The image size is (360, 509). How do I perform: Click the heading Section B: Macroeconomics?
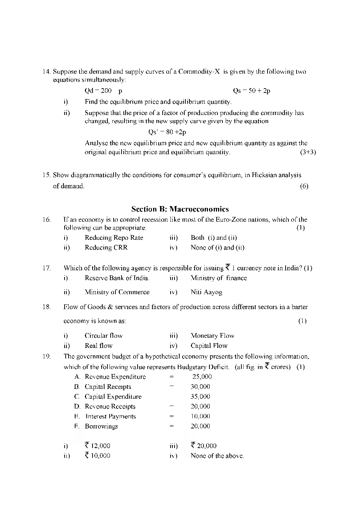[180, 209]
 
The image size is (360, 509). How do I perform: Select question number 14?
[47, 71]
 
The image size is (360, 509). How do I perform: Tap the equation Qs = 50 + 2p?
[251, 91]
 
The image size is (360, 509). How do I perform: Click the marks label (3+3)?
[308, 152]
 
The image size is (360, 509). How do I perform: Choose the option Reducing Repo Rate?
[114, 238]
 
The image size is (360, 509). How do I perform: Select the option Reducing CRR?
[106, 248]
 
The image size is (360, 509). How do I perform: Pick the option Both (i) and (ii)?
[214, 238]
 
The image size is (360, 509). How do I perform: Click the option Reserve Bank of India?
[117, 278]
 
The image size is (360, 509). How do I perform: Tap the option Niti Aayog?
[206, 292]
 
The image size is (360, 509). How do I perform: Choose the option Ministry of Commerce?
[117, 292]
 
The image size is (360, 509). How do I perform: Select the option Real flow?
[99, 346]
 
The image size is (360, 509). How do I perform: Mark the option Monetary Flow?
[212, 336]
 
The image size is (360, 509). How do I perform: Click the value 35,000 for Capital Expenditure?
[200, 397]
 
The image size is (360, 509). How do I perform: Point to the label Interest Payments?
[111, 416]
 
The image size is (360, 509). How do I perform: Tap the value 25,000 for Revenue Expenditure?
[202, 377]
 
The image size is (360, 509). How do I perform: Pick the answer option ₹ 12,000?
[97, 446]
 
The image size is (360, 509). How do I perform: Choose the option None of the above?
[217, 456]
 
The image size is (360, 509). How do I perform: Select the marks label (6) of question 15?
[304, 186]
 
